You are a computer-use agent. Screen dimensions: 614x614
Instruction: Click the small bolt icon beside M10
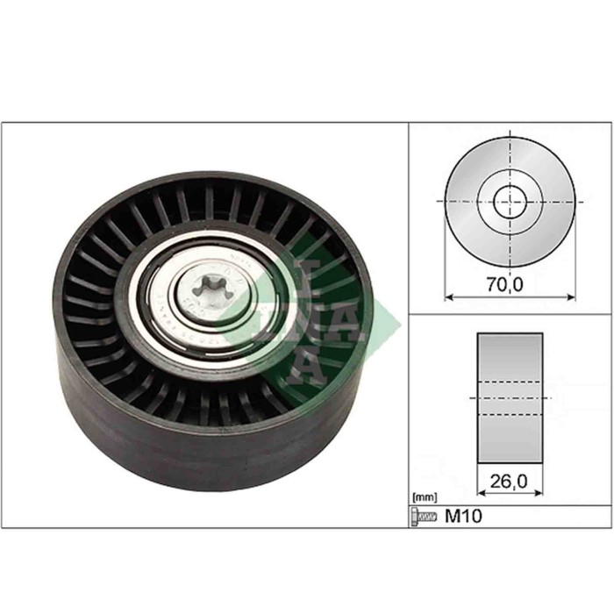[424, 518]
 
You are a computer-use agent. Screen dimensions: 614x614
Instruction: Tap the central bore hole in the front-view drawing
[510, 203]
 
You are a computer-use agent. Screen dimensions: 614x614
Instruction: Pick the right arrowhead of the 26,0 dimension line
[539, 493]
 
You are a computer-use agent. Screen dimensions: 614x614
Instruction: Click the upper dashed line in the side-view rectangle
[510, 382]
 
